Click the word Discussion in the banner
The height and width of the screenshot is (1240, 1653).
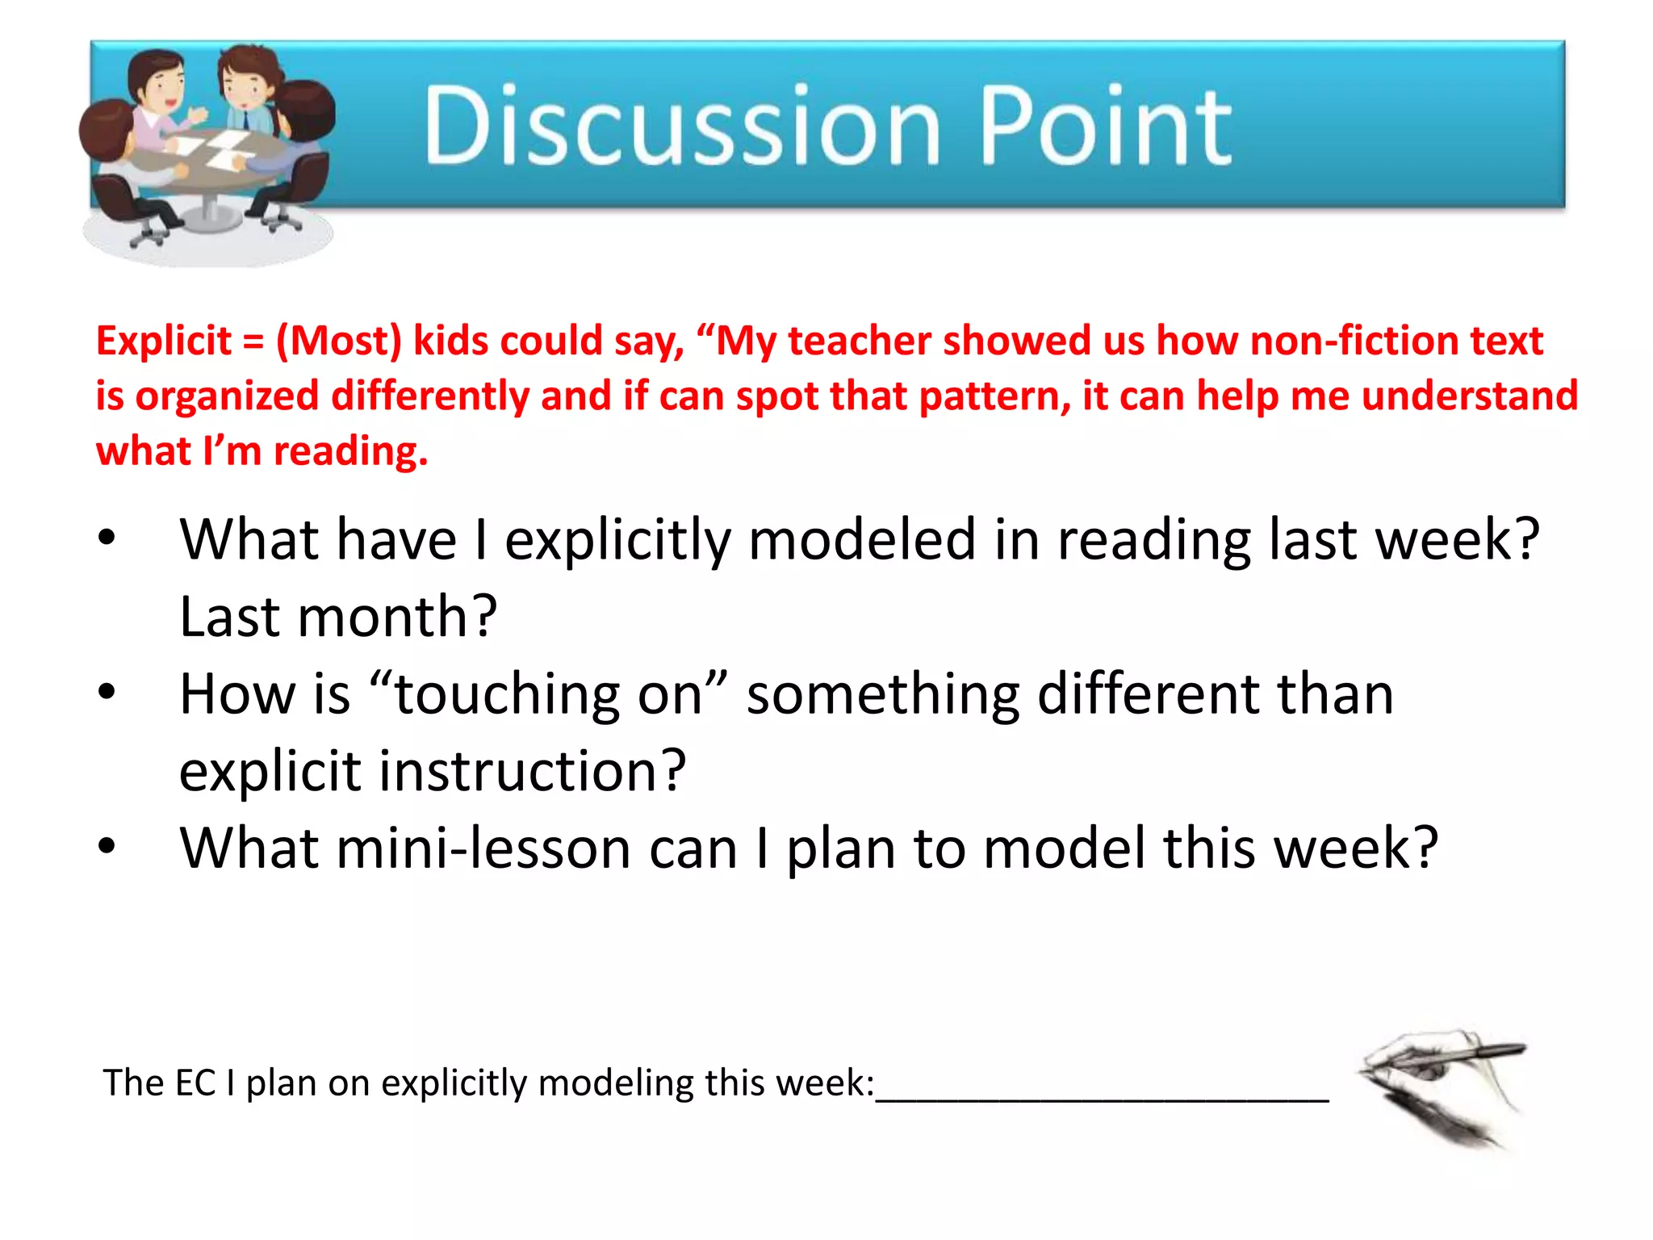[682, 126]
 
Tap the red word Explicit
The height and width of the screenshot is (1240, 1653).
[164, 341]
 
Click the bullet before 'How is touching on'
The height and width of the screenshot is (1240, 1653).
[107, 693]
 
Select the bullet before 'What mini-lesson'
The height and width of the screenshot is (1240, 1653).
[107, 847]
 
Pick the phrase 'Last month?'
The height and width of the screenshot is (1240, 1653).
[337, 617]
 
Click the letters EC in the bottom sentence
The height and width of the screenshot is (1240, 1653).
[195, 1083]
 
